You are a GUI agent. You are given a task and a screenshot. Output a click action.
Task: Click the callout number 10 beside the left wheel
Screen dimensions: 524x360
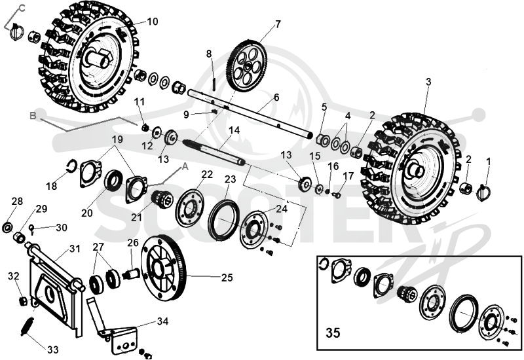tap(152, 22)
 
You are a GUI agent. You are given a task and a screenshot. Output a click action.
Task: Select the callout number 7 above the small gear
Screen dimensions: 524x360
tap(278, 24)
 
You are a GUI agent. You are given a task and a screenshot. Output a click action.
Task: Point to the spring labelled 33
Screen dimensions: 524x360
tap(27, 326)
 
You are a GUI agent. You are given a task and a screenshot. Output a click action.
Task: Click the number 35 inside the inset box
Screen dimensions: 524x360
tap(333, 333)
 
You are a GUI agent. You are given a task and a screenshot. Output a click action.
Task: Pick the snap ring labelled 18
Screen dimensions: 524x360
tap(71, 166)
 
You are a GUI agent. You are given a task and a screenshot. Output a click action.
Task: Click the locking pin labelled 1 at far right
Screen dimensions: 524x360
tap(484, 192)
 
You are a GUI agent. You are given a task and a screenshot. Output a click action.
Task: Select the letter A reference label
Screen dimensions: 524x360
tap(185, 167)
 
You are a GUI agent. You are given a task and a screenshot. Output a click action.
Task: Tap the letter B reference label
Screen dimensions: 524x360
tap(33, 116)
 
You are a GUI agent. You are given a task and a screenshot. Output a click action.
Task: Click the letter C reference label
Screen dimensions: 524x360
tap(22, 8)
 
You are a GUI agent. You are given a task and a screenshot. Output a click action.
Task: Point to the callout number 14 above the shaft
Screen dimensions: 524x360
tap(234, 130)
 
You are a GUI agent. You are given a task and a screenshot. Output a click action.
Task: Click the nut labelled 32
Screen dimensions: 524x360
tap(22, 301)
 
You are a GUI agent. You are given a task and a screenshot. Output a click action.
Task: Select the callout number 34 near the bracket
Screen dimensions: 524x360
tap(162, 321)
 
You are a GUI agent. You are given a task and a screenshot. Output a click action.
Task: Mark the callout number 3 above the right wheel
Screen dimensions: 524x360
tap(429, 82)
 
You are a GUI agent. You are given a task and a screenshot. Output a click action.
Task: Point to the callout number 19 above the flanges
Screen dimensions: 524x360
tap(117, 139)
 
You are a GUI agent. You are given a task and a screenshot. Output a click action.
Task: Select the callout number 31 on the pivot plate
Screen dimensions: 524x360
tap(75, 249)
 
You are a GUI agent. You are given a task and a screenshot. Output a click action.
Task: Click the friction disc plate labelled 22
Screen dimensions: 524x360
tap(189, 208)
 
